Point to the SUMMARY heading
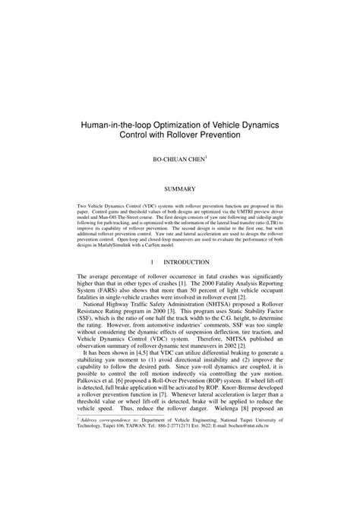tap(180, 187)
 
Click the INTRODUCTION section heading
tap(188, 261)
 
